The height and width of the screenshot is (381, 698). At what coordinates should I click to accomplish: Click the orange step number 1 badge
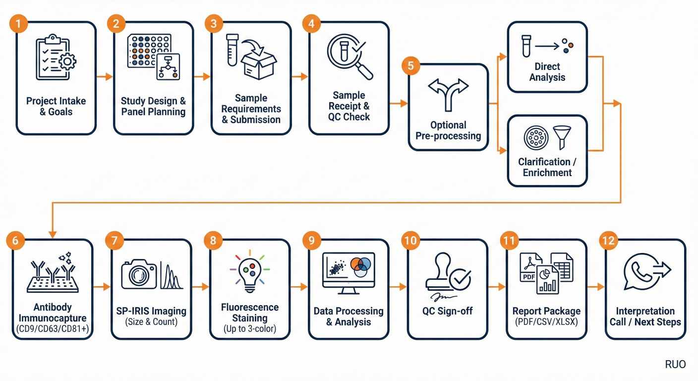18,24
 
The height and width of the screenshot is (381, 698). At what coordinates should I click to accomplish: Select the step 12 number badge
607,241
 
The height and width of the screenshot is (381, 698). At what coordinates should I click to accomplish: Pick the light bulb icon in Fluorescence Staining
249,272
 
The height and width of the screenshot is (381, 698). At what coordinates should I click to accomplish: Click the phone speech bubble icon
640,272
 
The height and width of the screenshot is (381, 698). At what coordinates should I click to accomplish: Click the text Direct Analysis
547,72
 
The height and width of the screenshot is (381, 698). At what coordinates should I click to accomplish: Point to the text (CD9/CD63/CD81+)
52,329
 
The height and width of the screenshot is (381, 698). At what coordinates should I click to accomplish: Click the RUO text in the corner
675,365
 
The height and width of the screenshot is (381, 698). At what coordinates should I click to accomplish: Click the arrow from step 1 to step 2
104,77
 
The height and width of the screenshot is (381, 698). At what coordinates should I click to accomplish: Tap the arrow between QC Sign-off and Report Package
496,287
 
